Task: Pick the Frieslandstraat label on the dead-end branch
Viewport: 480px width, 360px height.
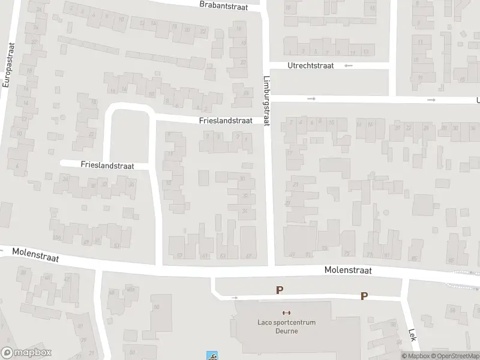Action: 106,165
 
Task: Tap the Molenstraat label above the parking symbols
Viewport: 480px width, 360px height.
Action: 349,271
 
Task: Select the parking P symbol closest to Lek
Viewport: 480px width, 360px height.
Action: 364,296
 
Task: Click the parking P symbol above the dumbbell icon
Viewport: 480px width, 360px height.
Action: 279,290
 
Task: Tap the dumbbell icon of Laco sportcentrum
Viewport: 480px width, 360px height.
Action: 286,313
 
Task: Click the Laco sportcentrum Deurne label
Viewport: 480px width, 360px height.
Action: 286,326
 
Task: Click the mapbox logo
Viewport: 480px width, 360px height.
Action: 26,353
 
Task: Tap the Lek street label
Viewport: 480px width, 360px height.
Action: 412,335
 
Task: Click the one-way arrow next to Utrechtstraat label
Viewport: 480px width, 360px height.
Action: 349,65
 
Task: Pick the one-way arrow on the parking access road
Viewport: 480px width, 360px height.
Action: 235,297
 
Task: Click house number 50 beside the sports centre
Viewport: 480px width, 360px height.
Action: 157,307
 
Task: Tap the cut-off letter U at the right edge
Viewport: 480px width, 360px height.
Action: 478,100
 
